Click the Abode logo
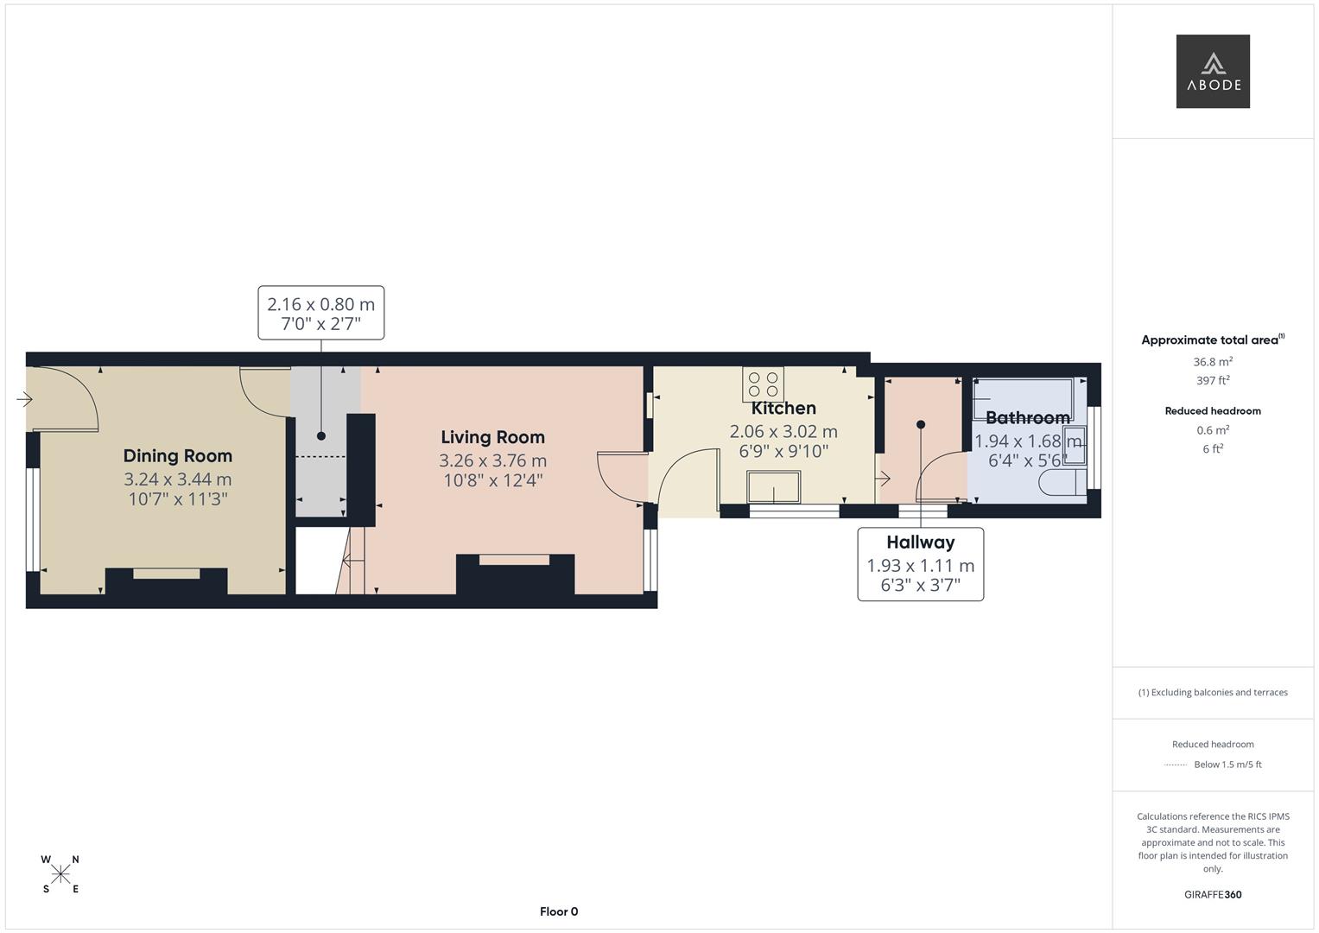tap(1212, 72)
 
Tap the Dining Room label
tap(177, 456)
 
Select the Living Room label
tap(492, 437)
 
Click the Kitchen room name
tap(783, 409)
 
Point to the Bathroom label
tap(1027, 418)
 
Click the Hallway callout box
tap(920, 564)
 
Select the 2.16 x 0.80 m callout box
tap(320, 313)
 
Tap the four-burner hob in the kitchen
tap(763, 384)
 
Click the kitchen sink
tap(773, 486)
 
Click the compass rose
tap(60, 874)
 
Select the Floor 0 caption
tap(558, 911)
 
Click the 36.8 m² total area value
tap(1212, 362)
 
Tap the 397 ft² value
tap(1212, 380)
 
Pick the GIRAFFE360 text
tap(1212, 894)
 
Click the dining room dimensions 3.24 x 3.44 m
tap(177, 479)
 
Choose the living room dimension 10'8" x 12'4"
tap(492, 481)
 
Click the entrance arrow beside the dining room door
tap(24, 399)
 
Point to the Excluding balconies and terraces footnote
tap(1212, 692)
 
